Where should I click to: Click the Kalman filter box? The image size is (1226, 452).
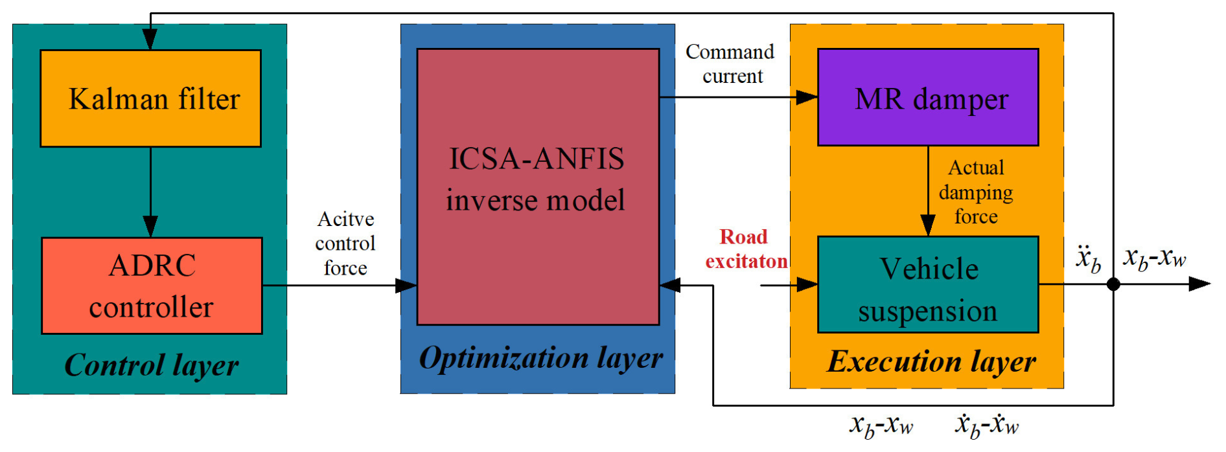coord(150,98)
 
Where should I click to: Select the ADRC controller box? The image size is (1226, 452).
coord(152,286)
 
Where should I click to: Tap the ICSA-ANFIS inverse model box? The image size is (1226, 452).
coord(538,186)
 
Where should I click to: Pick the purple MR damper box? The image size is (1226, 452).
coord(928,97)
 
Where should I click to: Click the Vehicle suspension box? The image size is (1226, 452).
coord(928,285)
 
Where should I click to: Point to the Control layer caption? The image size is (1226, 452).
coord(152,365)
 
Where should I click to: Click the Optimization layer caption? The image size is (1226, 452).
coord(540,358)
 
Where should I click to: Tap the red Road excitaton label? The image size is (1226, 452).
coord(746,249)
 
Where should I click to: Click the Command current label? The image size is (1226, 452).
coord(731,63)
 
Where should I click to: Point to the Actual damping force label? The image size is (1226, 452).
coord(976,192)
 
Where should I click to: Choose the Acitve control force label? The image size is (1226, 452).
coord(345,243)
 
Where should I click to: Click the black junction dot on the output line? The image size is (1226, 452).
coord(1113,284)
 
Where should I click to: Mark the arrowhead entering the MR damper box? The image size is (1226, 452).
coord(807,97)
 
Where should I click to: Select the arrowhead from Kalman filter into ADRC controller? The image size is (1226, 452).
coord(150,227)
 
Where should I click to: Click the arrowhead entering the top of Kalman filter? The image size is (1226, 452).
coord(150,40)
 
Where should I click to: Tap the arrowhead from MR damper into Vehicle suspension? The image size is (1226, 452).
coord(928,226)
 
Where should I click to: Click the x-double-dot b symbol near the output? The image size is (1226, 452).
coord(1088,258)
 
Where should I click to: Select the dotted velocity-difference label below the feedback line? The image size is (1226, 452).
coord(987,425)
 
